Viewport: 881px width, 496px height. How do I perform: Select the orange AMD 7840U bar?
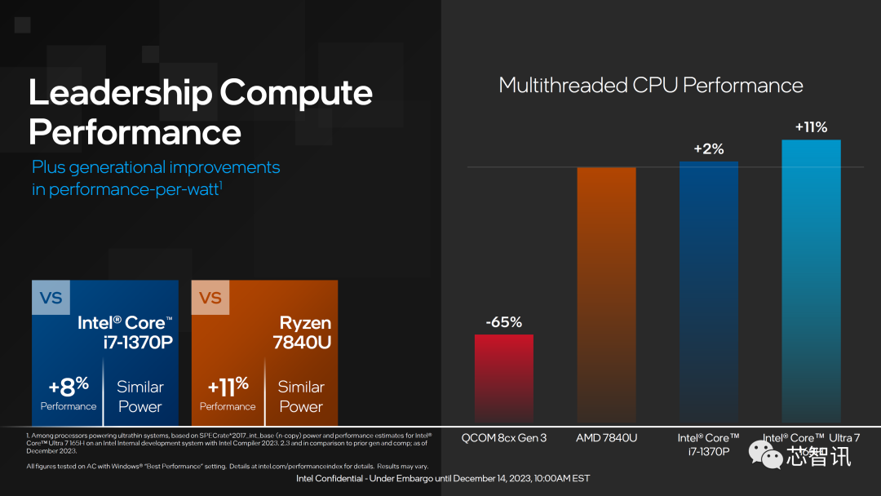tap(606, 294)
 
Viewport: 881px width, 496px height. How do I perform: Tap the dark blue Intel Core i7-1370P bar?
tap(708, 290)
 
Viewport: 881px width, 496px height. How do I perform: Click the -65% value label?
tap(503, 322)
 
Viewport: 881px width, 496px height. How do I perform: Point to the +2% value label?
tap(708, 149)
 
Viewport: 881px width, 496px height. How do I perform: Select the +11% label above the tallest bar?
tap(811, 127)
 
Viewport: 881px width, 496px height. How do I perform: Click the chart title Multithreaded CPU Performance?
tap(650, 86)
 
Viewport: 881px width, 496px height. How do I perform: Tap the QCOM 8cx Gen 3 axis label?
tap(504, 438)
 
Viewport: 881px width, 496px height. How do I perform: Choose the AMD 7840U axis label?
tap(606, 438)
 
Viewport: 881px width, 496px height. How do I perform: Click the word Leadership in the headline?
tap(120, 93)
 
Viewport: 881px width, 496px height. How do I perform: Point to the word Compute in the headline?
tap(296, 93)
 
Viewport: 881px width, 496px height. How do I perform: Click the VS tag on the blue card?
tap(51, 298)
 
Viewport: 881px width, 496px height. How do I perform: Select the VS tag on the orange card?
tap(210, 298)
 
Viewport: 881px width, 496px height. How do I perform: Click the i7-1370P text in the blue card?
tap(138, 343)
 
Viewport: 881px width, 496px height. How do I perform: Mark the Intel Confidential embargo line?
tap(442, 478)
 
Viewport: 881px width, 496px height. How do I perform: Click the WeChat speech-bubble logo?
tap(765, 454)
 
